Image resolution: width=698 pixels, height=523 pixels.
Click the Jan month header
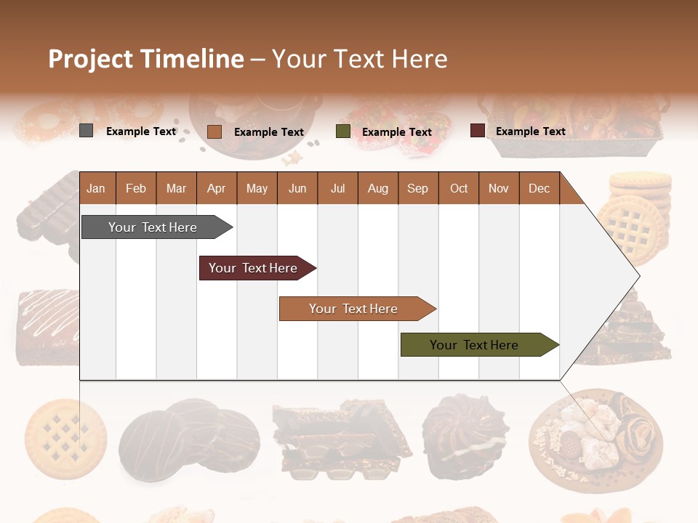(x=96, y=189)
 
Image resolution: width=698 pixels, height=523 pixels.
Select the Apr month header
(x=216, y=189)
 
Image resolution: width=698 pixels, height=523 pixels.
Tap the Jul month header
(x=337, y=189)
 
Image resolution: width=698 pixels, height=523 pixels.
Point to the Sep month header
(x=417, y=189)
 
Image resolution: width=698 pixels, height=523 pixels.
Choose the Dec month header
(x=539, y=189)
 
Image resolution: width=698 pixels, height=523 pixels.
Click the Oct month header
(x=459, y=189)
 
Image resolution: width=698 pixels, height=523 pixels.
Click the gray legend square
(x=87, y=131)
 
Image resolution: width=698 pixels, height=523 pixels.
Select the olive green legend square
(x=343, y=131)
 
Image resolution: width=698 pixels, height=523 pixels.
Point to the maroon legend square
(x=478, y=131)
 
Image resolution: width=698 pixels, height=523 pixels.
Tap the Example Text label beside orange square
(x=268, y=132)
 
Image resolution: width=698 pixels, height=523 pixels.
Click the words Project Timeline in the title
(x=145, y=59)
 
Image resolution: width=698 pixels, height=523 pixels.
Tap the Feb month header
(x=136, y=189)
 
